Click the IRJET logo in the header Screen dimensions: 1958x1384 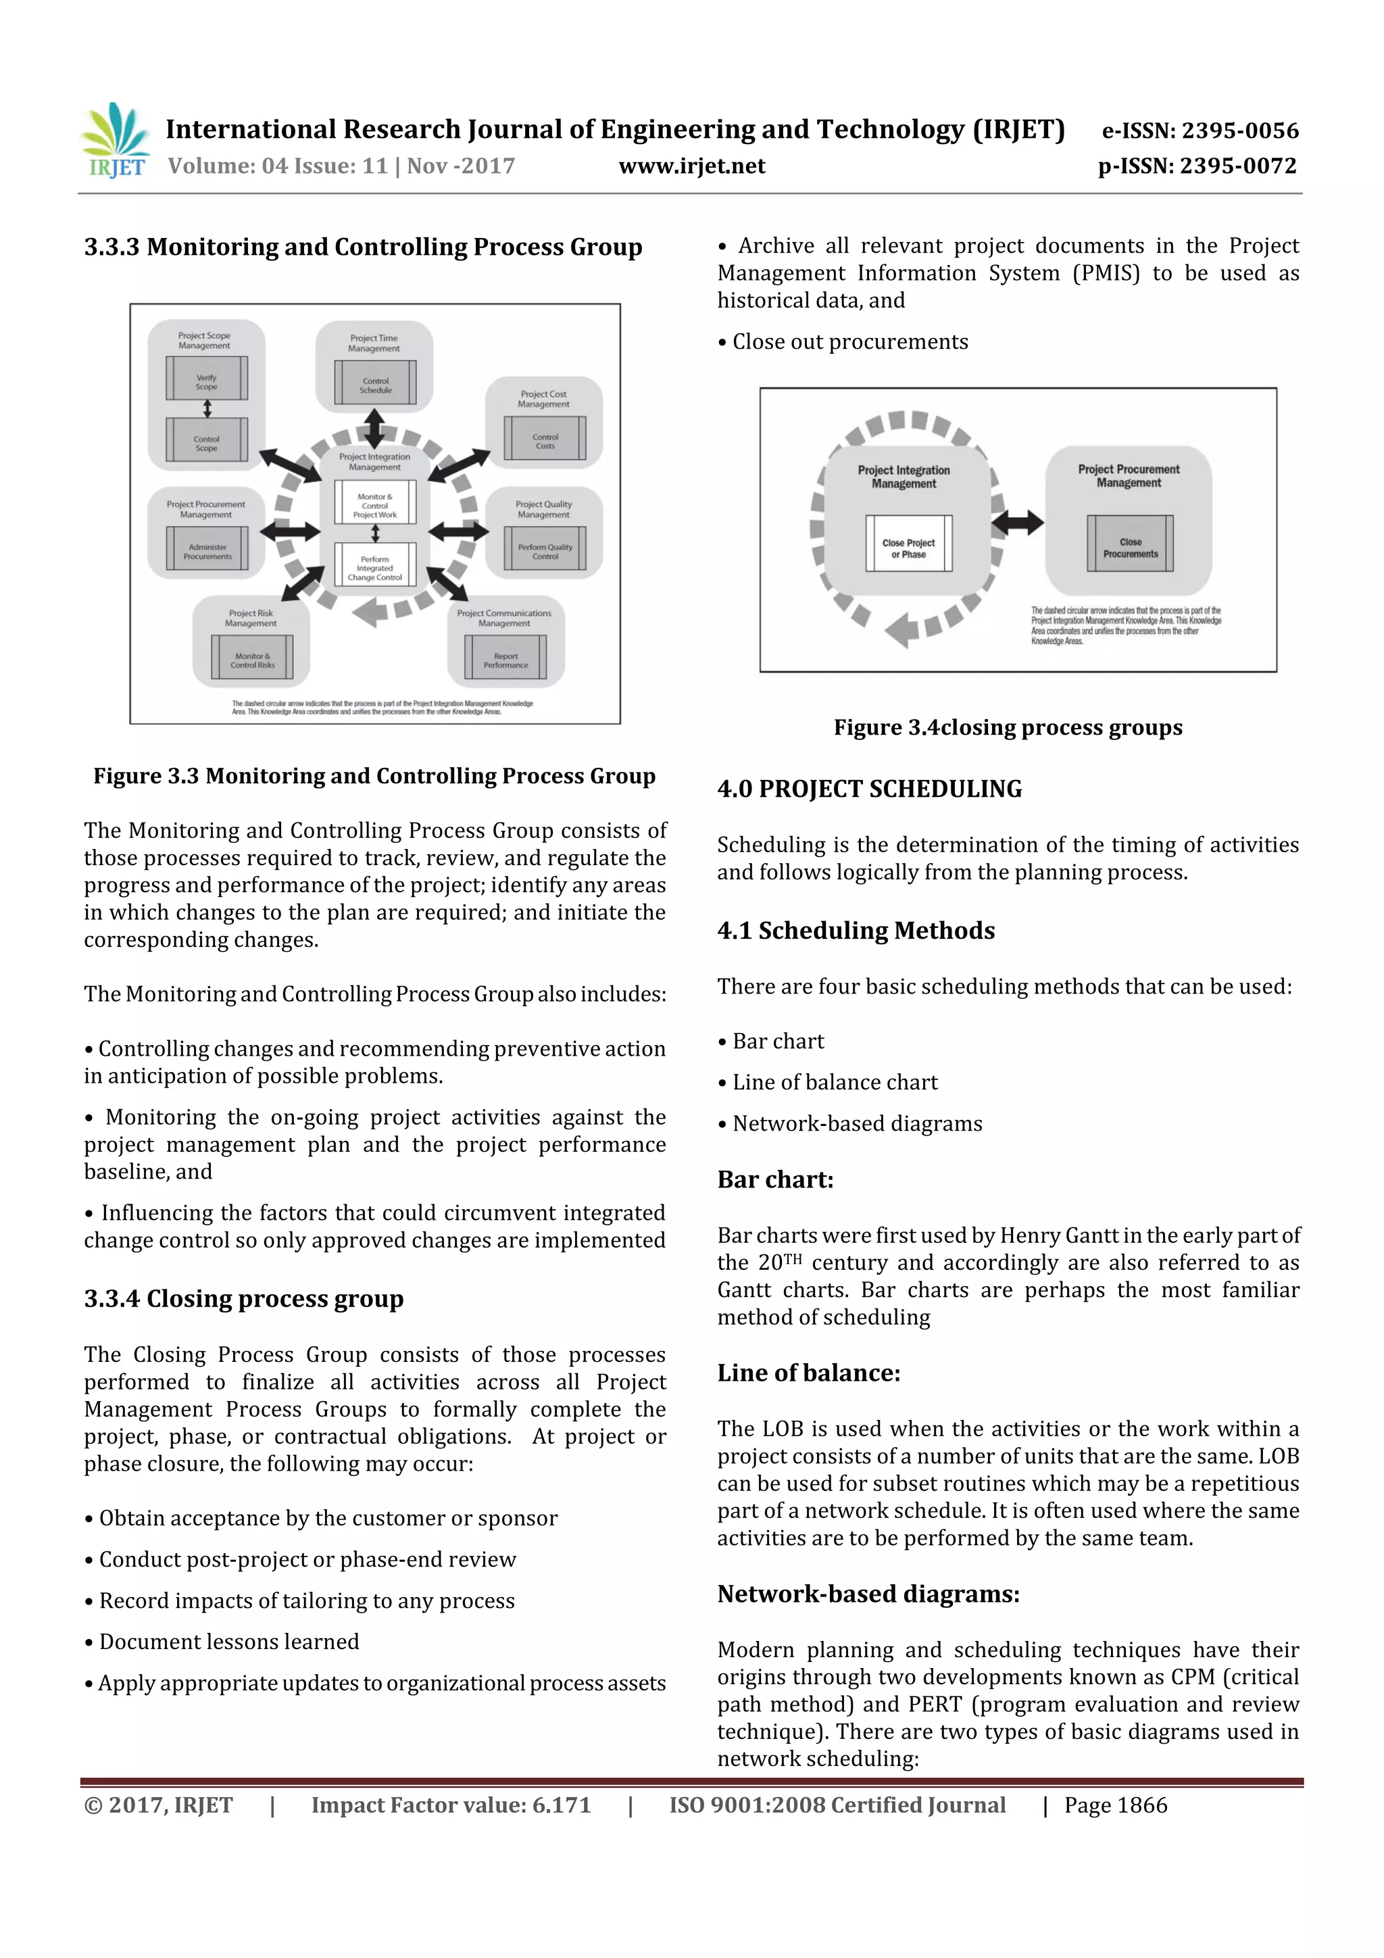click(x=115, y=141)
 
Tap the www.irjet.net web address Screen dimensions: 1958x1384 click(x=691, y=166)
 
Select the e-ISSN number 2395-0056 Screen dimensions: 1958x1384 click(x=1200, y=130)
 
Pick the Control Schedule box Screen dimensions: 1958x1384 click(x=375, y=384)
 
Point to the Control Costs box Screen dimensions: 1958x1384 click(x=545, y=440)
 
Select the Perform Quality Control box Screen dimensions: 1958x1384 click(x=545, y=550)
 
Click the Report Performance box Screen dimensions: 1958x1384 click(x=505, y=659)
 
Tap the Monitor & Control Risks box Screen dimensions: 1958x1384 click(x=253, y=659)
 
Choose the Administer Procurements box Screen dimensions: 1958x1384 click(x=207, y=551)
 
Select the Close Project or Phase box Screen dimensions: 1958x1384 click(x=908, y=547)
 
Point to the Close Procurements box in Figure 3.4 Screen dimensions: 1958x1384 click(x=1130, y=547)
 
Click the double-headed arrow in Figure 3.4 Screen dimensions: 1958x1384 click(x=1017, y=521)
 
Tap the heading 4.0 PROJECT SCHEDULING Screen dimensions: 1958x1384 click(x=869, y=789)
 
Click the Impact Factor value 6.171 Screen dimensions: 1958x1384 click(x=450, y=1805)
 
